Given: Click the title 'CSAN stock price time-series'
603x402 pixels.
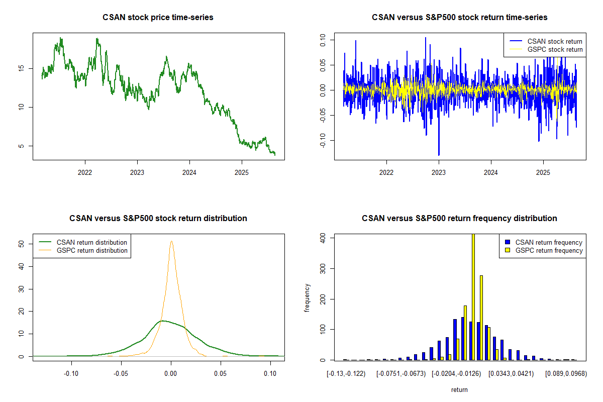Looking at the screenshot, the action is [158, 17].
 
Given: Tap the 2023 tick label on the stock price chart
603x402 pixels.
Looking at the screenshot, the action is [137, 172].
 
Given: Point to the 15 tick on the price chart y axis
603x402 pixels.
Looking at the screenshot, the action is [21, 68].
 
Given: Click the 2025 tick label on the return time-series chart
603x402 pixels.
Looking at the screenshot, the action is [543, 172].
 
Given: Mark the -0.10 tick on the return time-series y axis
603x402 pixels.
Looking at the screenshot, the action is [323, 140].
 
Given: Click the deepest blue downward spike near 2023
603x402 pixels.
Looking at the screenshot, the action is [439, 155].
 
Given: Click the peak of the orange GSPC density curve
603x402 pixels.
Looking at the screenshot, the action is [171, 241].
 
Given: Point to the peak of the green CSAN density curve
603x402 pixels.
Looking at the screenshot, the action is [163, 321].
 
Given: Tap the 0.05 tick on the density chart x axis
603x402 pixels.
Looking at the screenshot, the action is [221, 374].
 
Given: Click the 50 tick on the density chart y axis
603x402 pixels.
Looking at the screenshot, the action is [21, 244].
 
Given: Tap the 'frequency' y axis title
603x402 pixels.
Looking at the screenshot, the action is [307, 297].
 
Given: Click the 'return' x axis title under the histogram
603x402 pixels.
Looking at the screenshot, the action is [459, 389].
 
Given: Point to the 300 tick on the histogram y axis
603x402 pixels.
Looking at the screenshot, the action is [323, 269].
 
